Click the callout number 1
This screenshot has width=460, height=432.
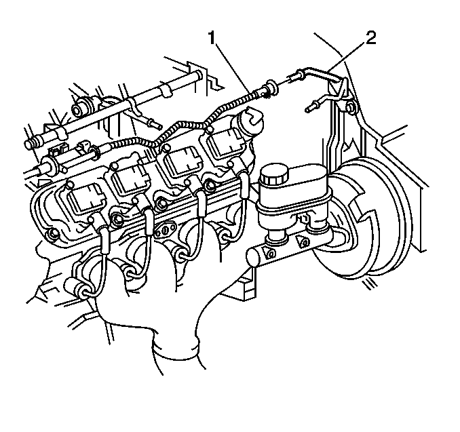coord(212,38)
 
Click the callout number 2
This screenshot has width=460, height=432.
coord(370,38)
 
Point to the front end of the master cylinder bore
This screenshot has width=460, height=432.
coord(252,257)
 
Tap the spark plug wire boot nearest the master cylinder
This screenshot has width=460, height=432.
coord(243,184)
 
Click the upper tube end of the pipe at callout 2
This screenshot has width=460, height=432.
coord(298,75)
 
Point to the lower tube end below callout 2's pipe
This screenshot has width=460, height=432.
coord(312,106)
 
